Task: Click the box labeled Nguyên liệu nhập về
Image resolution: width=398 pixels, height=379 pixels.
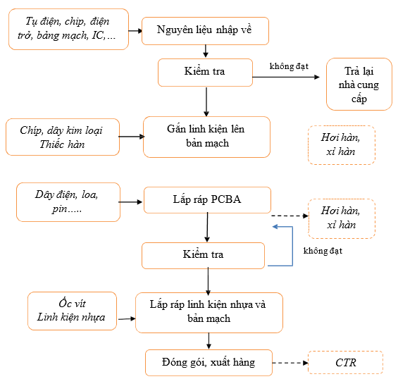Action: click(205, 31)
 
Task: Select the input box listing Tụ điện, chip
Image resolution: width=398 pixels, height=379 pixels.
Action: click(68, 29)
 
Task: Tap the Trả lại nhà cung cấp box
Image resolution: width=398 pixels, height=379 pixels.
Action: click(359, 84)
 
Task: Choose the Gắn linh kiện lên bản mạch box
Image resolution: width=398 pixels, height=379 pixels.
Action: click(206, 137)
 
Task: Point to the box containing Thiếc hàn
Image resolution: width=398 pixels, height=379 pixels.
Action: click(63, 137)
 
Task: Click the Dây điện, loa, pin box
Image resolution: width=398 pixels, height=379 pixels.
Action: click(68, 202)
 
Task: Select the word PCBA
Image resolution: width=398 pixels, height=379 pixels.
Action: click(226, 199)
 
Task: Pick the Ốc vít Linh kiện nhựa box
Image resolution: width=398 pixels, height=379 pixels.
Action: click(72, 311)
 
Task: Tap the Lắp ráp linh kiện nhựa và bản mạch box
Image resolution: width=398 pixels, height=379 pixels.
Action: click(209, 313)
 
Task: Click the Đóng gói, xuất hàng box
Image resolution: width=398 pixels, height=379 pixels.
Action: click(209, 363)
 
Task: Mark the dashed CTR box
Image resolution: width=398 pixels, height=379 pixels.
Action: click(345, 363)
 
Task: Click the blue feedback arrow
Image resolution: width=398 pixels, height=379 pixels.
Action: click(292, 246)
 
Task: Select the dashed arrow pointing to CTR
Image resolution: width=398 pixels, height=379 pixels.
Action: click(290, 363)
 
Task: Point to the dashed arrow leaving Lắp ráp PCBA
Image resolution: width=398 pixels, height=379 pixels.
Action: click(290, 216)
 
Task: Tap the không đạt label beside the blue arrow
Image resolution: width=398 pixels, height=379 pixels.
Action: click(323, 251)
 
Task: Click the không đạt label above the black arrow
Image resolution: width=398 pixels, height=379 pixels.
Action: click(289, 66)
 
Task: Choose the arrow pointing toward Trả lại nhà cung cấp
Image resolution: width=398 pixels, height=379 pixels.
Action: click(286, 77)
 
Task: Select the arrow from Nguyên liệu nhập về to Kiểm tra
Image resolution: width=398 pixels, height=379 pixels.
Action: click(206, 51)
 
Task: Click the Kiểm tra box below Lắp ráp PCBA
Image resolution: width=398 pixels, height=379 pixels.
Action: click(203, 256)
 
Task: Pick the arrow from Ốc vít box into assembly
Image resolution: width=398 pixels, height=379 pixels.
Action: click(127, 318)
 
